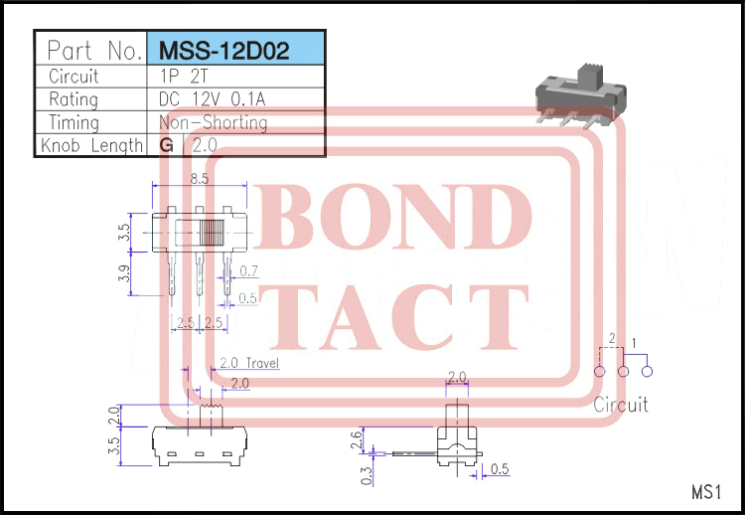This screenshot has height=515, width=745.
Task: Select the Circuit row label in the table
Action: (74, 76)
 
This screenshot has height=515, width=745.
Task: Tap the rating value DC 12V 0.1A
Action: (214, 99)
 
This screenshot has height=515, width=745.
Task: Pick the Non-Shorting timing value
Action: (213, 122)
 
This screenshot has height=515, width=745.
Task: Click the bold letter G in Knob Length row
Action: (166, 145)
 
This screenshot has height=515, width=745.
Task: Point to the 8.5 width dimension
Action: (198, 179)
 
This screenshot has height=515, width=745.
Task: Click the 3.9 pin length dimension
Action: (124, 273)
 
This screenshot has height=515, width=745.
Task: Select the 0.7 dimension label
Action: (248, 270)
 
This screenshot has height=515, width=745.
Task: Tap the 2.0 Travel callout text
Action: (248, 363)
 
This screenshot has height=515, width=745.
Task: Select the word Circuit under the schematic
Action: (620, 405)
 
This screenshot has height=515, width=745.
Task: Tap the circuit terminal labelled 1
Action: (647, 372)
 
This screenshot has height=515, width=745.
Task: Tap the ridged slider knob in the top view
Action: (212, 235)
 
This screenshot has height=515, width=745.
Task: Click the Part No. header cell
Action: (92, 51)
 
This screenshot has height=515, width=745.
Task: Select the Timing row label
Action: (74, 122)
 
